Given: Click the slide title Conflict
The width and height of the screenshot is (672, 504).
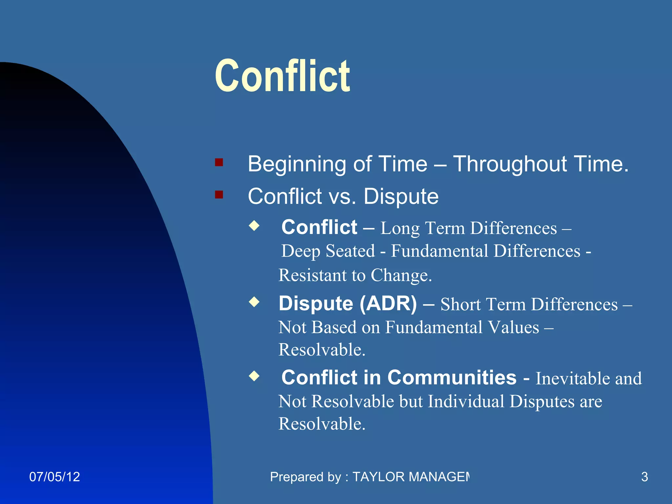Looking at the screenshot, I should pyautogui.click(x=283, y=76).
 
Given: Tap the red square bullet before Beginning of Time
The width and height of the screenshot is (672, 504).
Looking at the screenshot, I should pyautogui.click(x=219, y=162).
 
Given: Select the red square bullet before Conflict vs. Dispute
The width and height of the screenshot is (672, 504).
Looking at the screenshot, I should pyautogui.click(x=219, y=195).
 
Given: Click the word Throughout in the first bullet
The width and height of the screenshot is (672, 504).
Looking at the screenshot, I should pyautogui.click(x=510, y=164).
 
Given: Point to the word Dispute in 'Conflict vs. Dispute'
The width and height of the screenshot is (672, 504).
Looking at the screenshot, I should pyautogui.click(x=401, y=196).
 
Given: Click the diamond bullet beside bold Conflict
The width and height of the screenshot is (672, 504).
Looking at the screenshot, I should pyautogui.click(x=254, y=226).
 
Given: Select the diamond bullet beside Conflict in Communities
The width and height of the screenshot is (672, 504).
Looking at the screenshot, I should pyautogui.click(x=254, y=376).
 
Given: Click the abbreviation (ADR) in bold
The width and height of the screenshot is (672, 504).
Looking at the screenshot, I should pyautogui.click(x=388, y=303).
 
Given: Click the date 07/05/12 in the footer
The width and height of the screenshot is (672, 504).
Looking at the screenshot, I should pyautogui.click(x=54, y=477).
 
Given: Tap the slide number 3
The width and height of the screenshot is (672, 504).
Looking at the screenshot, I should pyautogui.click(x=644, y=477).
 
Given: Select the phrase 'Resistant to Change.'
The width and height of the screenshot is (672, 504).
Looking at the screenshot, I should pyautogui.click(x=355, y=275).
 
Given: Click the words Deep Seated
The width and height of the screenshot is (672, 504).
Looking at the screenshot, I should pyautogui.click(x=328, y=251).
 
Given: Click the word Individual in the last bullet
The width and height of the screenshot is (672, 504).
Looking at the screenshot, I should pyautogui.click(x=466, y=401).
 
